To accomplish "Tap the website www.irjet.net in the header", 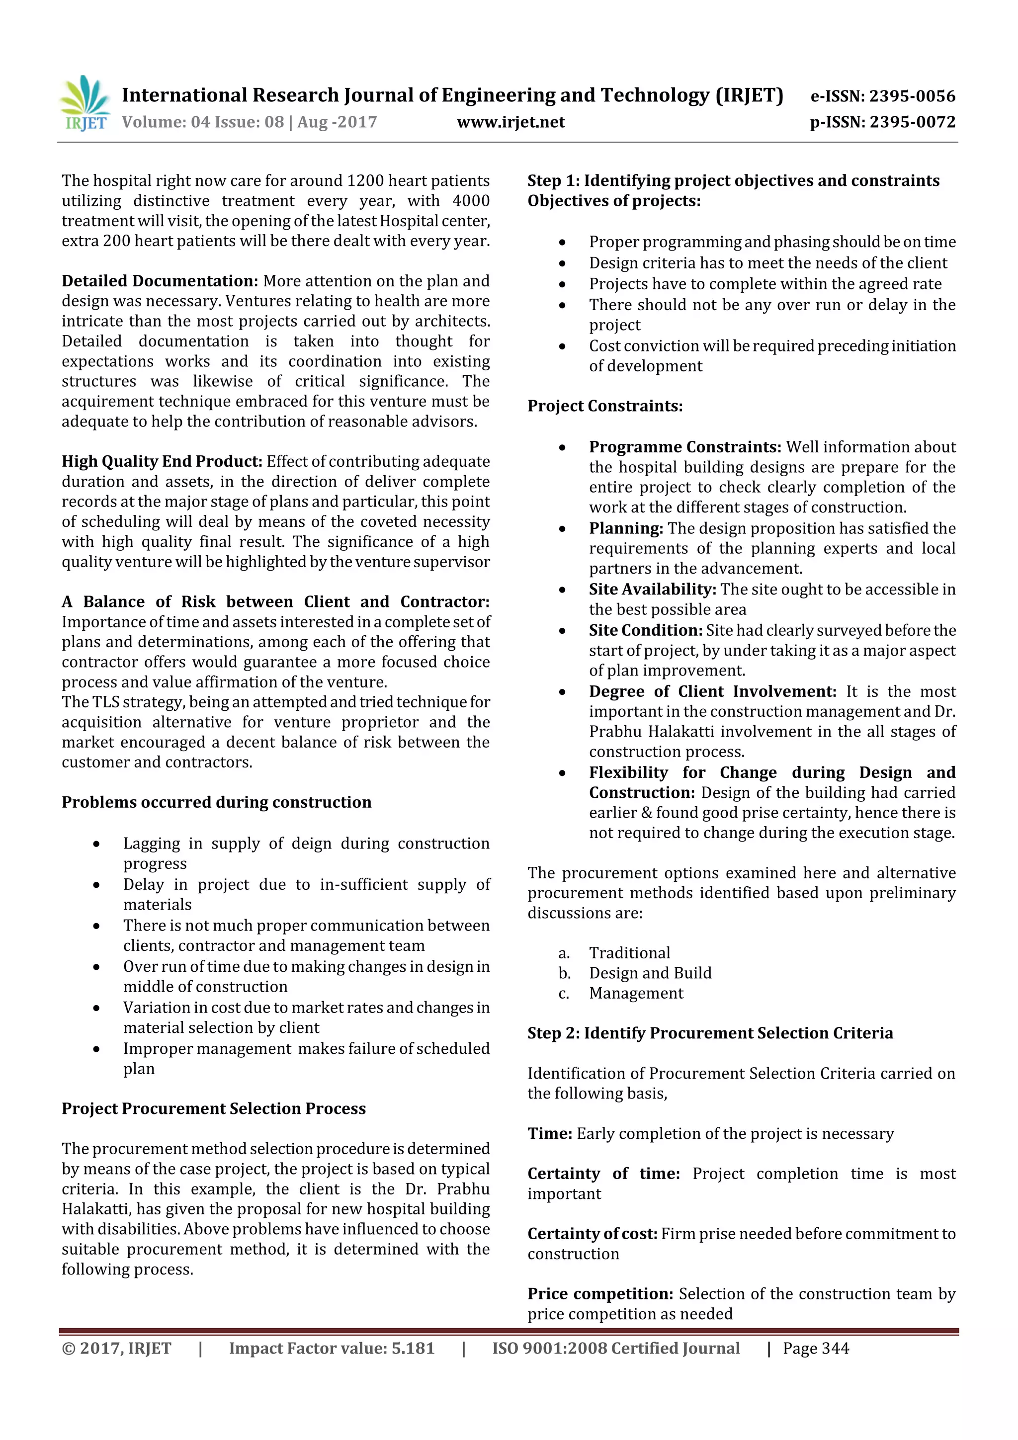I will click(510, 122).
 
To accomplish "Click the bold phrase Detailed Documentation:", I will click(160, 281).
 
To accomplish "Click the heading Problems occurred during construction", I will click(216, 802).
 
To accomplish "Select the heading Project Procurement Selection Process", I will click(213, 1108).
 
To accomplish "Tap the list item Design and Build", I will click(650, 973).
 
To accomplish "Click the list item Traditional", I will click(629, 953).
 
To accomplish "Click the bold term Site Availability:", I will click(652, 589).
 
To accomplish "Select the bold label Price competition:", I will click(600, 1293).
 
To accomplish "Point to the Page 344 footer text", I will click(815, 1348).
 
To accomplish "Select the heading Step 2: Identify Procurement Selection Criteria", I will click(710, 1033).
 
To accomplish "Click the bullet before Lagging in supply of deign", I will click(96, 844).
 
